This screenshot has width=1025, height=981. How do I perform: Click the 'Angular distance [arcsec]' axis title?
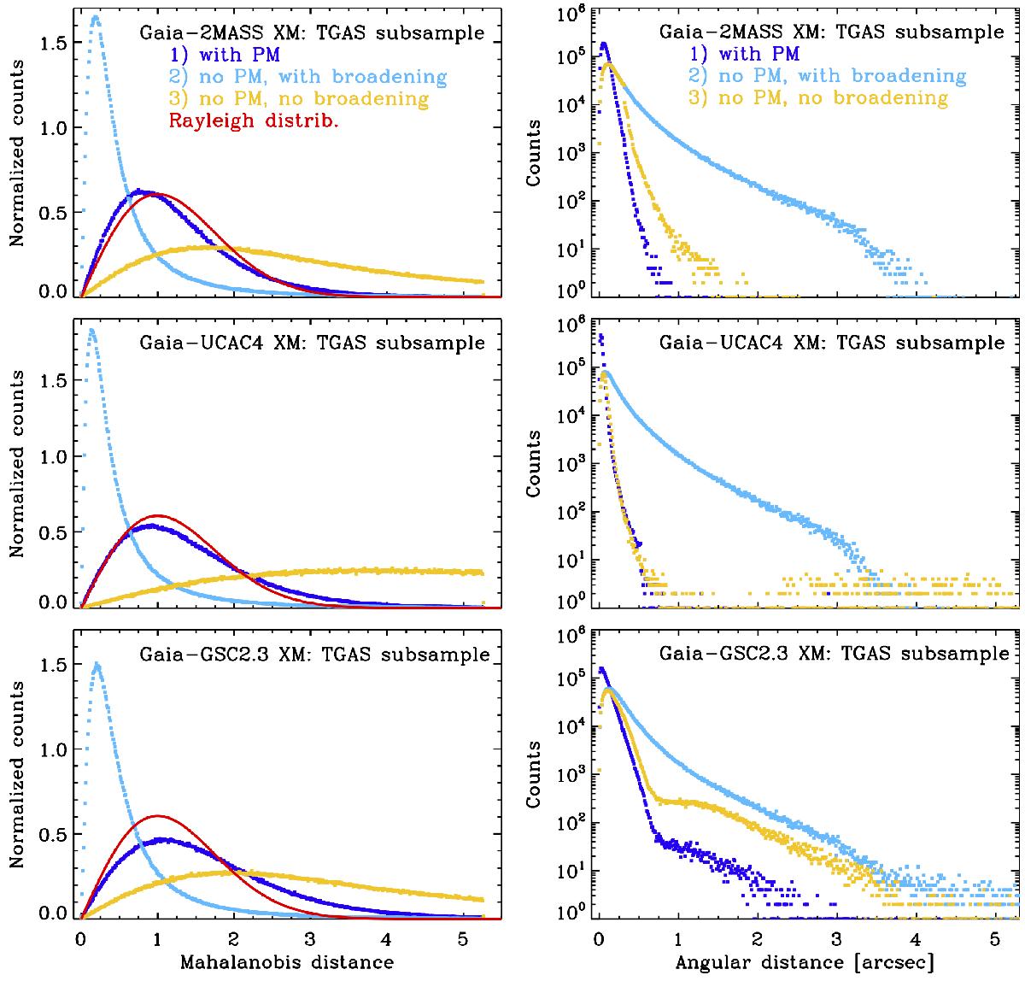point(805,962)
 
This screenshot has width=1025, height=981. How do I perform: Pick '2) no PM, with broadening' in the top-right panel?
point(822,77)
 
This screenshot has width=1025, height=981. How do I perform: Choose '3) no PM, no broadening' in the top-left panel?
point(299,99)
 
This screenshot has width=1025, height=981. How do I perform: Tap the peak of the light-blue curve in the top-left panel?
point(95,17)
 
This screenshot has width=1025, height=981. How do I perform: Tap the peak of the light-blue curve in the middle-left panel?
point(91,330)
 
